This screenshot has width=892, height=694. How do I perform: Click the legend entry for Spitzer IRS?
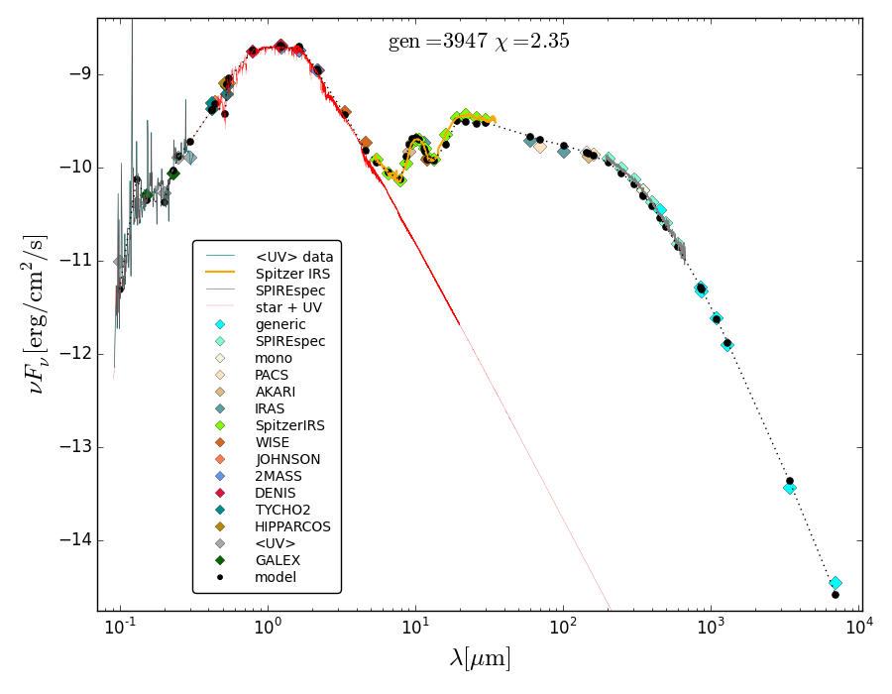tap(292, 274)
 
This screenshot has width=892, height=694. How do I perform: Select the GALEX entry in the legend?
tap(279, 560)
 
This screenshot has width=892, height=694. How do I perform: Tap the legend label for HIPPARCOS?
tap(292, 526)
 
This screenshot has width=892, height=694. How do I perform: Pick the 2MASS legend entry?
tap(281, 476)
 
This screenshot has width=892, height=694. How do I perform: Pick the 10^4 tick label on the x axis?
tap(857, 627)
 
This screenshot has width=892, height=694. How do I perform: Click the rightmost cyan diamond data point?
tap(836, 583)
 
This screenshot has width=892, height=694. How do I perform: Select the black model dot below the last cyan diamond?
tap(836, 595)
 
